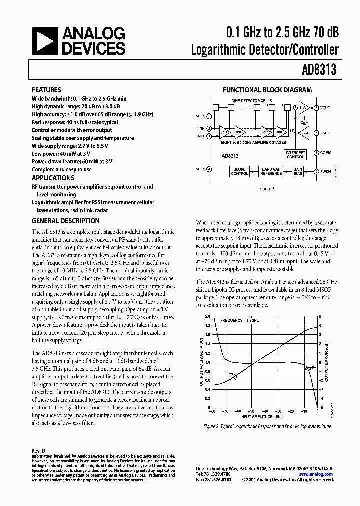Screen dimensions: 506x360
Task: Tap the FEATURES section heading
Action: pos(47,90)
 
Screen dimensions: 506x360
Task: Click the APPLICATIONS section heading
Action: pos(53,178)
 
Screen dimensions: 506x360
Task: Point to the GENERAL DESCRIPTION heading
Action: pos(65,221)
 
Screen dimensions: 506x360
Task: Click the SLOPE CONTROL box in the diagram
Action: pos(240,171)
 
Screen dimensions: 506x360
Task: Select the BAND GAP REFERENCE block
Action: pos(272,171)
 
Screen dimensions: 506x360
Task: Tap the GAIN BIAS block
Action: pos(298,171)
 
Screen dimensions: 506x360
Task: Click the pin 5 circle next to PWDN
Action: pos(316,171)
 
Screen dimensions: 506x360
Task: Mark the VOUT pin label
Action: pos(325,107)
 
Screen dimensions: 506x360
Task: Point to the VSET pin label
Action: pos(325,133)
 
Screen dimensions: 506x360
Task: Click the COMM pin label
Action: pos(326,152)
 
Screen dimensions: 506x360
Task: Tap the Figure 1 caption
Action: pos(267,189)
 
